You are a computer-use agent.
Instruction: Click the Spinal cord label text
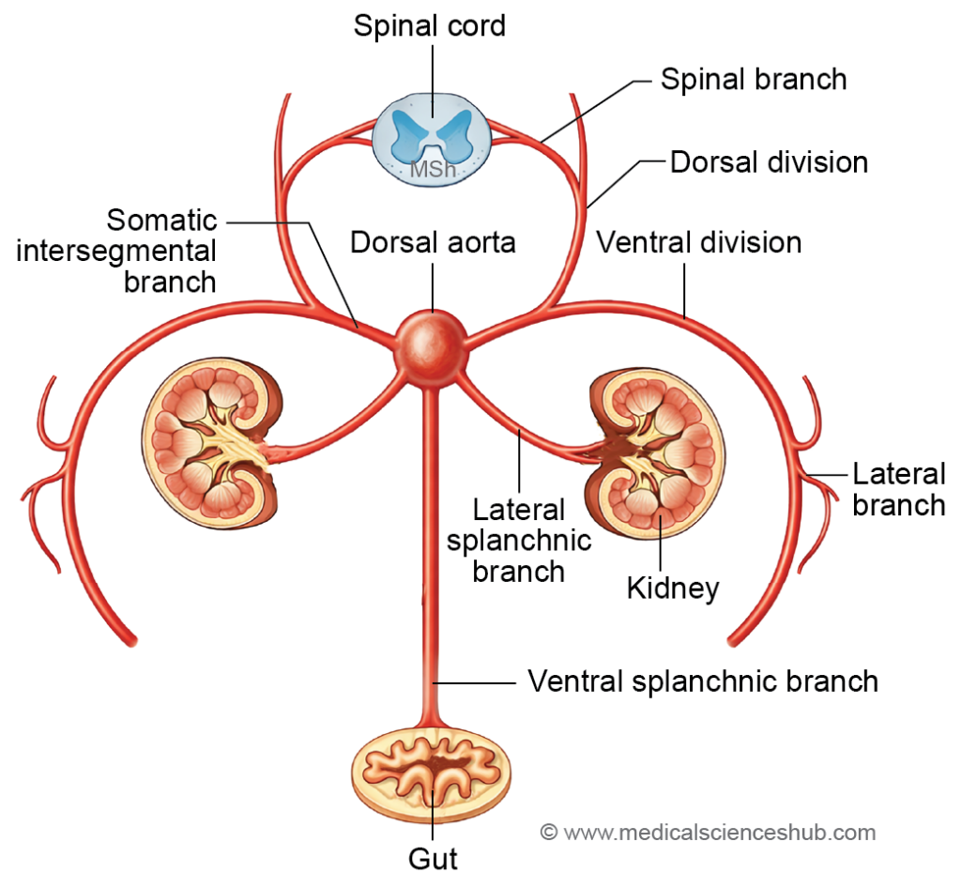click(430, 25)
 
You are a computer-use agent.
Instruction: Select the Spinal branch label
click(754, 80)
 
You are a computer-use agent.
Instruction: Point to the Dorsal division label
click(769, 162)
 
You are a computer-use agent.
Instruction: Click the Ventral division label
click(699, 243)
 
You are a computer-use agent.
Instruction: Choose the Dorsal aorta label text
click(433, 243)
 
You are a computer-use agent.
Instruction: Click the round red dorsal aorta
click(431, 344)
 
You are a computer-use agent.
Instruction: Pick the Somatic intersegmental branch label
click(161, 251)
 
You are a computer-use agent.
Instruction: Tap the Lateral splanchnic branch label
click(518, 541)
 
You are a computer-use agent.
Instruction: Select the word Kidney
click(673, 589)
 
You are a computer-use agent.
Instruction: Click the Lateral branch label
click(898, 489)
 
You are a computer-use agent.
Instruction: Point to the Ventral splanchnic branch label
click(703, 681)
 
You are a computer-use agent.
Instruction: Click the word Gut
click(433, 858)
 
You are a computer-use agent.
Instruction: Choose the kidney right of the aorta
click(655, 456)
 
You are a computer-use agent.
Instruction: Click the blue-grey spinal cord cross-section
click(432, 141)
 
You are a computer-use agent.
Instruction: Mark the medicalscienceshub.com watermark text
click(718, 832)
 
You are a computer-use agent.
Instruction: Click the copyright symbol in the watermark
click(549, 832)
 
